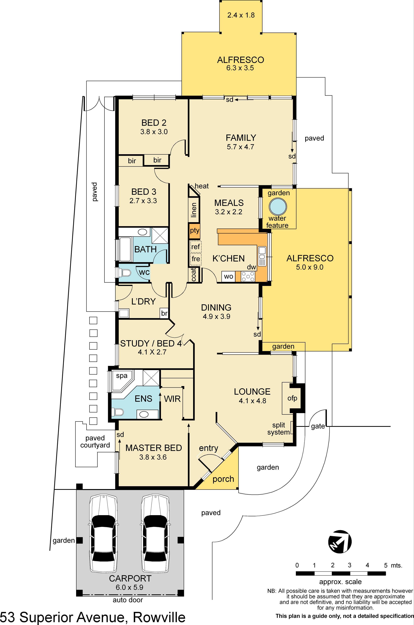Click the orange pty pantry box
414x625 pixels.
click(195, 231)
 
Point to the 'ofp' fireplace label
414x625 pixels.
click(292, 398)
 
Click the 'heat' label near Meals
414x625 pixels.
click(202, 186)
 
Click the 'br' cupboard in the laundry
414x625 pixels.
click(164, 313)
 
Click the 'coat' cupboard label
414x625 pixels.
click(193, 275)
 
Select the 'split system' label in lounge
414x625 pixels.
click(279, 429)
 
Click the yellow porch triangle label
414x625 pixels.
click(223, 479)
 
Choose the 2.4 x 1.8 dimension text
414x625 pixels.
click(241, 15)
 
